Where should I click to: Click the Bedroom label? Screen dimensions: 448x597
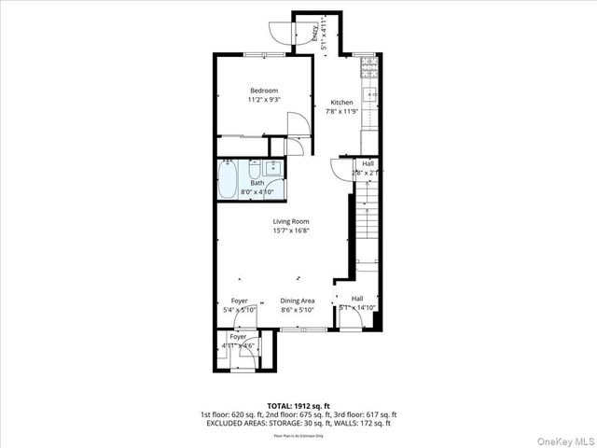263,91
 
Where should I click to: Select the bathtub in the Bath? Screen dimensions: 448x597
229,179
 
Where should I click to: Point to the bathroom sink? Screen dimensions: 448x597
272,168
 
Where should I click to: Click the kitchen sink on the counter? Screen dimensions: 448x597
371,95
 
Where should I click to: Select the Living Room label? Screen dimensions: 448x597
290,221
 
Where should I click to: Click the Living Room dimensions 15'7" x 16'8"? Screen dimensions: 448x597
290,231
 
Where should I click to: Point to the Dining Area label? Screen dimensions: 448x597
298,301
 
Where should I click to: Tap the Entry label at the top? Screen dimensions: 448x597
314,32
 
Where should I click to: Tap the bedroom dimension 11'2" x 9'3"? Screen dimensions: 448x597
263,99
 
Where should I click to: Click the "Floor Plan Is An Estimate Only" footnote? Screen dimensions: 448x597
298,435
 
